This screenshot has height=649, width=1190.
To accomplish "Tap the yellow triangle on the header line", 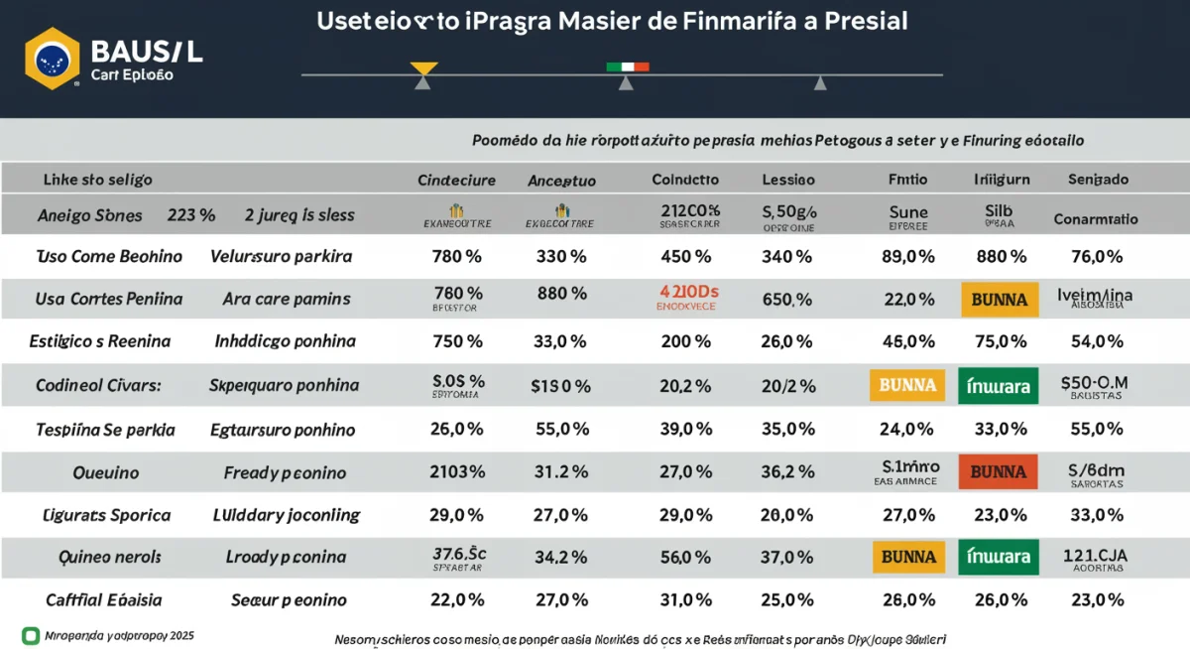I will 423,68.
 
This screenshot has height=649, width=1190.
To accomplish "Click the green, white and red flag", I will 627,66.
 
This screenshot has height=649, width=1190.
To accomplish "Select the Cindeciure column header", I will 456,181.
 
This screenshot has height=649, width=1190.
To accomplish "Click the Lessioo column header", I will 787,181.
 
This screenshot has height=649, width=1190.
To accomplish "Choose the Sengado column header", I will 1097,181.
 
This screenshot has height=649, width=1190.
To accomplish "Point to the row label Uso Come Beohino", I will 109,256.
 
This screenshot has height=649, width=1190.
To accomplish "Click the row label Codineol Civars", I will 102,385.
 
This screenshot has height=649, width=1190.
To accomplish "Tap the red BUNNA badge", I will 998,471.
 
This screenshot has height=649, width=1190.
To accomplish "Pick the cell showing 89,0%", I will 907,256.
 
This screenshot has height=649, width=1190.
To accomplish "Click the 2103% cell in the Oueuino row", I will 457,472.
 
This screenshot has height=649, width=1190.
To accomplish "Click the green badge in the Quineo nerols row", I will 998,558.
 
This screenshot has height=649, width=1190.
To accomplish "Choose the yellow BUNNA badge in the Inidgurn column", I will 998,300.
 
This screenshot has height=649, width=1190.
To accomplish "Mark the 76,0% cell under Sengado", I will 1097,256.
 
